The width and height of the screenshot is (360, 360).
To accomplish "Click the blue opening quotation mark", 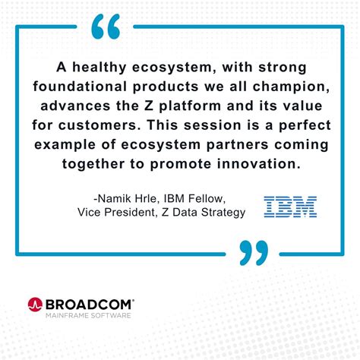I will (x=106, y=27).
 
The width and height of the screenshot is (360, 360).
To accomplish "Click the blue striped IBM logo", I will (x=290, y=206).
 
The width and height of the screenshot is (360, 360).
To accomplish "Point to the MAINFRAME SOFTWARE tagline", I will (x=88, y=314).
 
